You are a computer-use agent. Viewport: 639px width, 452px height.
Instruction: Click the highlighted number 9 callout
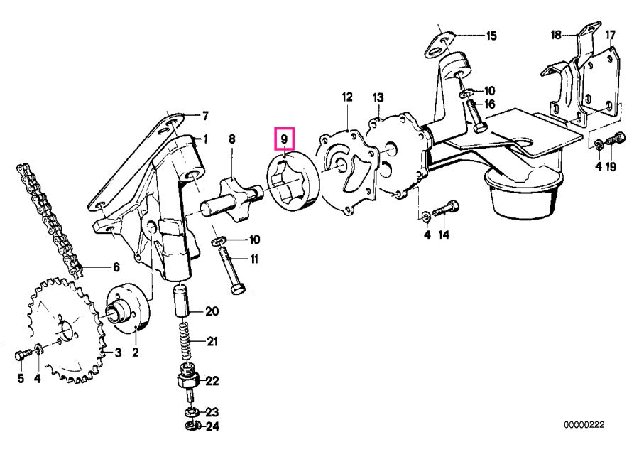click(284, 137)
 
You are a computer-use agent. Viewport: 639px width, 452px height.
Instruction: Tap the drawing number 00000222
click(584, 424)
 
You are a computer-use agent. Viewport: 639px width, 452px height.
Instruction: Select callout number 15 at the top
click(491, 35)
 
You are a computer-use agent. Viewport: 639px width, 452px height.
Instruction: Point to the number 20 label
click(212, 311)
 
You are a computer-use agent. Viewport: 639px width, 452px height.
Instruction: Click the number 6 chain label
click(115, 267)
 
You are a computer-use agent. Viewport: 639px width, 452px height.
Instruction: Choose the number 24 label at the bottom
click(212, 426)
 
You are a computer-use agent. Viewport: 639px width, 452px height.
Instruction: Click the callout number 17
click(610, 35)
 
